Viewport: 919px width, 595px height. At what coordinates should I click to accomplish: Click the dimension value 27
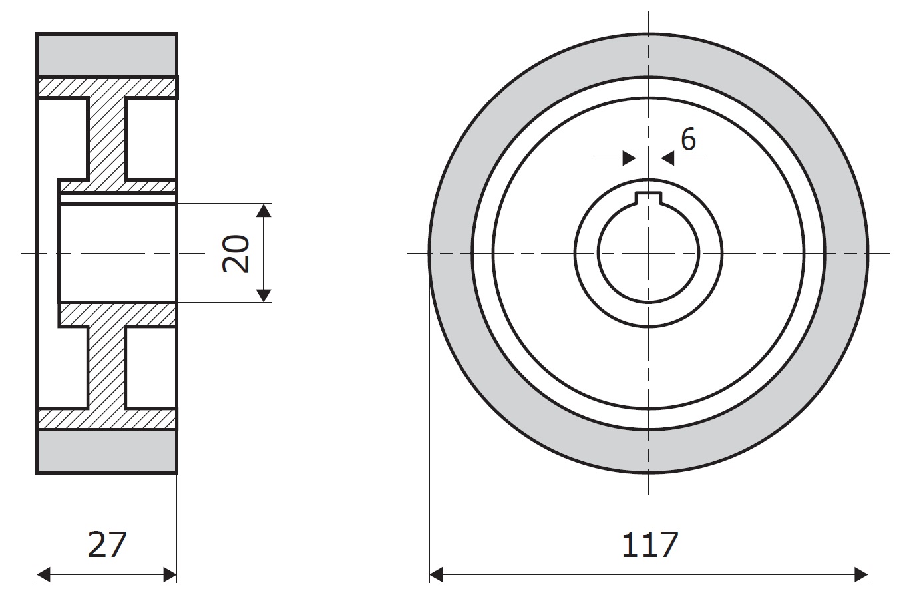click(107, 544)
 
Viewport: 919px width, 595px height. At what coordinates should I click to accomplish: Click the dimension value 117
click(650, 544)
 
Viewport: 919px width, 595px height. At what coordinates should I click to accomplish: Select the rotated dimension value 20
click(236, 254)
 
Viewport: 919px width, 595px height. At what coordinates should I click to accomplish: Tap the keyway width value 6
click(689, 139)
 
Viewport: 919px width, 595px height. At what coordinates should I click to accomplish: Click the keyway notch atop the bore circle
click(649, 198)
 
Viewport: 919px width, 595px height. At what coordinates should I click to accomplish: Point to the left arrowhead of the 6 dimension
click(629, 158)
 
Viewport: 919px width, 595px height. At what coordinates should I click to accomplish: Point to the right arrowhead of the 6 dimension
click(668, 158)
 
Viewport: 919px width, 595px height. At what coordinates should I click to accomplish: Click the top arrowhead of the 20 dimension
click(264, 210)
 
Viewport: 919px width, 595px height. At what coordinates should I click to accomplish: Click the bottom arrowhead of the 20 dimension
click(264, 296)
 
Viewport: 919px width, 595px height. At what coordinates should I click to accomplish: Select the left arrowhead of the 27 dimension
click(44, 574)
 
